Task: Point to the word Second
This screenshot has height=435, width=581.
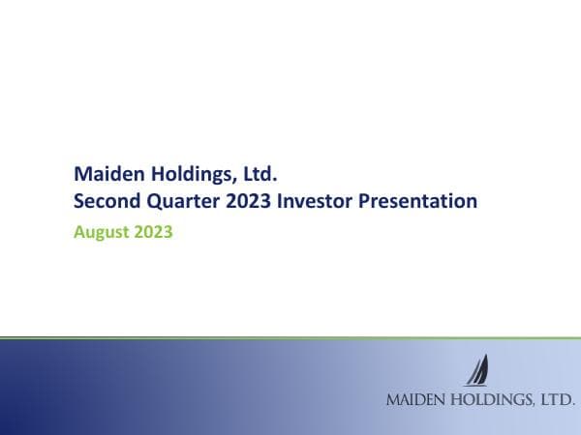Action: [x=107, y=202]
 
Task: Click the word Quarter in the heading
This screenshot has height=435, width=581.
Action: [x=182, y=203]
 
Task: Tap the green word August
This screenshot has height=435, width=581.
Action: [x=101, y=233]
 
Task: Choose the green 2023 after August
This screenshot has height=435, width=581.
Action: [x=154, y=232]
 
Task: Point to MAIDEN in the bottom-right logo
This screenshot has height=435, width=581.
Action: [x=413, y=398]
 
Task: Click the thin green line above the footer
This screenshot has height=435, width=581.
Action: [x=290, y=337]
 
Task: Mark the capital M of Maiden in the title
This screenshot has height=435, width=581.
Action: [x=81, y=175]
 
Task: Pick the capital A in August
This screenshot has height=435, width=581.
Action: [x=79, y=232]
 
